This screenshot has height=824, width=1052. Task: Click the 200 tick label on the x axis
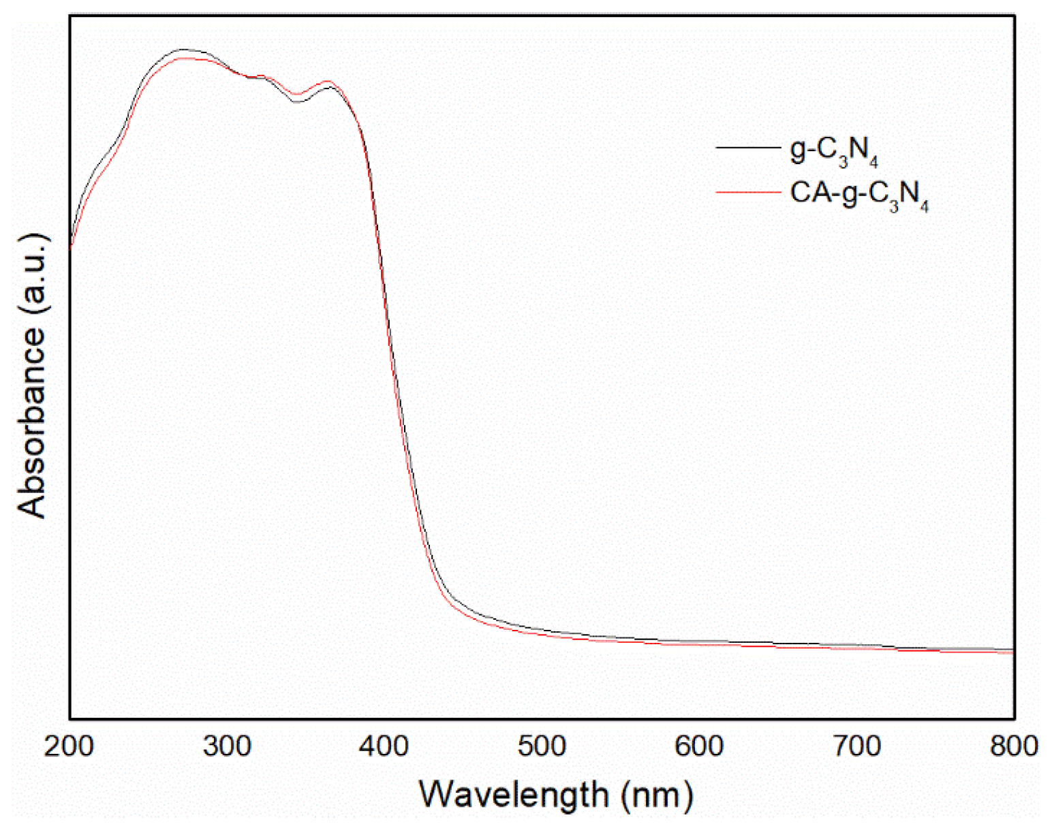coord(69,746)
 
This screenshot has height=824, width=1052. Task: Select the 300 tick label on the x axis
coord(227,746)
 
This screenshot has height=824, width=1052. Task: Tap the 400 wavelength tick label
coord(384,746)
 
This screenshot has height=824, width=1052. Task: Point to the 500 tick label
coord(542,746)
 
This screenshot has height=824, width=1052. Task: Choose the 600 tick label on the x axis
coord(699,746)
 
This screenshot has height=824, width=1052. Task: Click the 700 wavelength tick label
coord(856,746)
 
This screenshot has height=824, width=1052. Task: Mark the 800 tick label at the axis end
coord(1014,746)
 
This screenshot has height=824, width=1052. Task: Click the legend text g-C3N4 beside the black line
coord(833,150)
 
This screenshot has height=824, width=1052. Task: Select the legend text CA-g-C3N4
coord(858,195)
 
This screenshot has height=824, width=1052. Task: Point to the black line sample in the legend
coord(747,147)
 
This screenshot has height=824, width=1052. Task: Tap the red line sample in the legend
coord(747,193)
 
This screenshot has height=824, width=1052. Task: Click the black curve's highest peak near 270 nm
coord(183,50)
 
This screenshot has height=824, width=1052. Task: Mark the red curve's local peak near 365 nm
coord(329,81)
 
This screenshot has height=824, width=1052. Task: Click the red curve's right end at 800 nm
coord(1012,652)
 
